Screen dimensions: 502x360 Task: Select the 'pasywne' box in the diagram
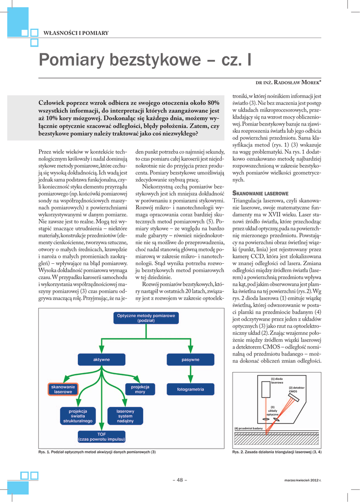point(190,360)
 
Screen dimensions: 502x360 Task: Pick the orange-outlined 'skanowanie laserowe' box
point(63,389)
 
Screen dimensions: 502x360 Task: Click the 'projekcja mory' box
point(140,389)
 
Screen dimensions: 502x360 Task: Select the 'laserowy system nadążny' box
point(125,416)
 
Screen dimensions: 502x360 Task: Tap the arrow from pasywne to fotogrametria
point(190,374)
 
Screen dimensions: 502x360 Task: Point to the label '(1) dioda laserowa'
point(277,380)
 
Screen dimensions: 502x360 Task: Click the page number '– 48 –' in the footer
point(180,480)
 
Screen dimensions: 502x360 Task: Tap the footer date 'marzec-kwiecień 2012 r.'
point(302,480)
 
